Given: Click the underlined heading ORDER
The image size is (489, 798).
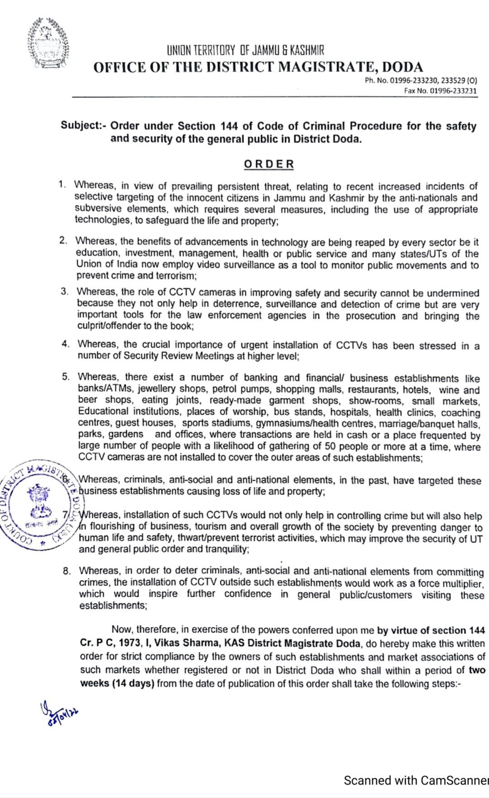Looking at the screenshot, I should [269, 164].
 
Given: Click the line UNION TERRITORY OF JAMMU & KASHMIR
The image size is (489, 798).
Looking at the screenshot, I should [245, 50].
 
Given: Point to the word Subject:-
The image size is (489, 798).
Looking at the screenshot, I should [83, 125].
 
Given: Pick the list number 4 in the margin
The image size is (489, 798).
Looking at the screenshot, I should [66, 344].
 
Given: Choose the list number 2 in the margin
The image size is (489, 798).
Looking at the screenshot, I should [63, 240].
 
